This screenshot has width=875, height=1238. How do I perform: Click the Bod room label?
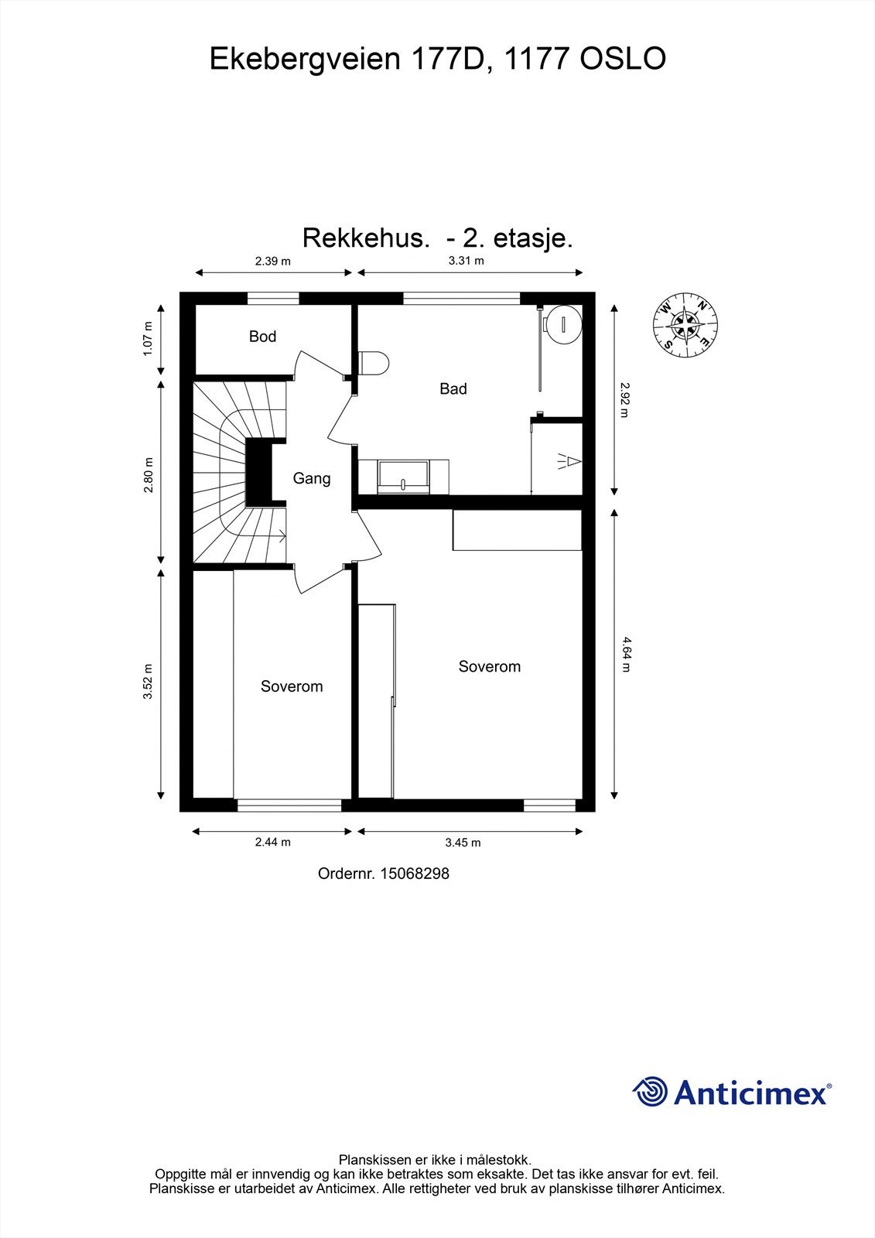pyautogui.click(x=262, y=337)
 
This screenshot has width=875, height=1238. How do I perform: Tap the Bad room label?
pyautogui.click(x=453, y=389)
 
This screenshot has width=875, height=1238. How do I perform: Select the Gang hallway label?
pyautogui.click(x=312, y=479)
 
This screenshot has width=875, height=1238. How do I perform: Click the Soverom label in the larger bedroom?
pyautogui.click(x=489, y=667)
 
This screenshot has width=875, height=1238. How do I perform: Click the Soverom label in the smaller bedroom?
pyautogui.click(x=292, y=687)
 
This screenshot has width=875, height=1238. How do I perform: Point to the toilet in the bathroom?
pyautogui.click(x=374, y=363)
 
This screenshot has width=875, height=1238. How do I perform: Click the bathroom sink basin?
pyautogui.click(x=403, y=475)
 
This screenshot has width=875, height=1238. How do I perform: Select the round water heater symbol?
pyautogui.click(x=562, y=323)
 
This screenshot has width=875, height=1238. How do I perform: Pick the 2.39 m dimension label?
pyautogui.click(x=273, y=261)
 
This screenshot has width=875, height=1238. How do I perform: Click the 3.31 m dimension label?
pyautogui.click(x=467, y=261)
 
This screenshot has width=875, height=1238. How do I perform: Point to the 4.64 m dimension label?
pyautogui.click(x=625, y=654)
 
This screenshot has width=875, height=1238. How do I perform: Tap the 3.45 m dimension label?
pyautogui.click(x=463, y=843)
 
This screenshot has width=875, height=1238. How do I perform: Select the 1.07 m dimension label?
pyautogui.click(x=149, y=338)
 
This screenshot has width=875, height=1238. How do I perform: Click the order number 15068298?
pyautogui.click(x=415, y=874)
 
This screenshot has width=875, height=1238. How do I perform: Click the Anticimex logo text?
pyautogui.click(x=750, y=1093)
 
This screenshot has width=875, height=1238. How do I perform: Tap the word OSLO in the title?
pyautogui.click(x=623, y=60)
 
